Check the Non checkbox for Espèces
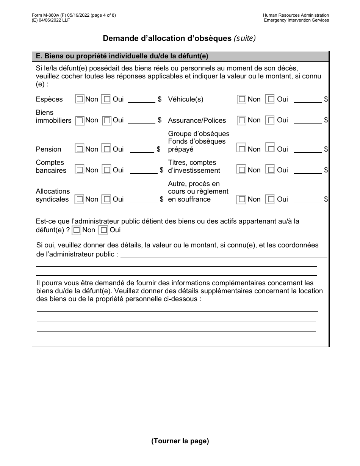[x=80, y=99]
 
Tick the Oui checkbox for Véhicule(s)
[x=269, y=99]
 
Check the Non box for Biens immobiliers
[x=80, y=120]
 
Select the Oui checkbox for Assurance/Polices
[x=269, y=120]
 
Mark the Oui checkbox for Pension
[x=107, y=149]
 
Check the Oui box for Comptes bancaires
[x=107, y=170]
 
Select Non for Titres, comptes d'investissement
[x=241, y=170]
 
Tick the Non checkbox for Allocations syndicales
[x=79, y=199]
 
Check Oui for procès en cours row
[x=269, y=199]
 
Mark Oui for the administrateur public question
[x=103, y=230]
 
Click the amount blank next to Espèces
[x=141, y=100]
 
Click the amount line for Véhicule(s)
[x=307, y=100]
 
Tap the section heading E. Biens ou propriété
[x=122, y=56]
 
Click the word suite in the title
[x=244, y=38]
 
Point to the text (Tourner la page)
[x=180, y=441]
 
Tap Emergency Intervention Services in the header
[x=296, y=20]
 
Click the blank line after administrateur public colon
[x=224, y=255]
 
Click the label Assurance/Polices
[x=197, y=120]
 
